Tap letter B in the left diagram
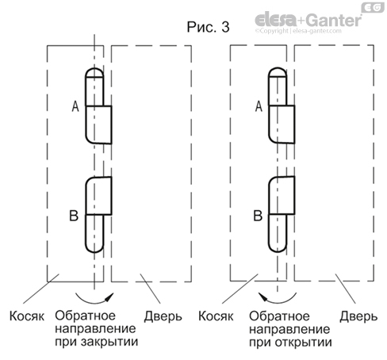(75, 215)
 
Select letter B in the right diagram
(258, 215)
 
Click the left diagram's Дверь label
(163, 316)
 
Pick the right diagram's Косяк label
(212, 316)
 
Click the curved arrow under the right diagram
(278, 299)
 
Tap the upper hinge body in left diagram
(99, 123)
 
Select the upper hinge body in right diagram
(281, 123)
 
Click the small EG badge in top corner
(371, 7)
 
